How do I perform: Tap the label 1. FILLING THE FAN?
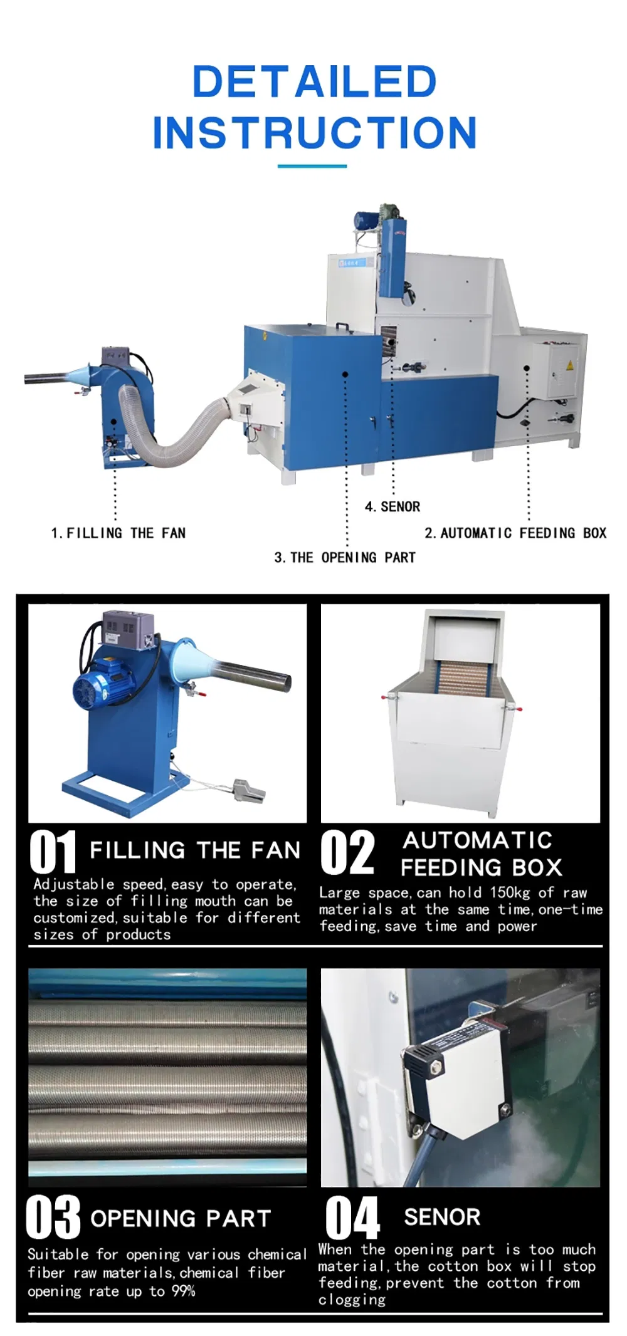[x=119, y=533]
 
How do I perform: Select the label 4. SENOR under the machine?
[x=393, y=506]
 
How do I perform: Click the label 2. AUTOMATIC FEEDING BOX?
[x=515, y=533]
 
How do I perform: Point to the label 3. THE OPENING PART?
[x=345, y=558]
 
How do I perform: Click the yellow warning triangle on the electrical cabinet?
[x=569, y=365]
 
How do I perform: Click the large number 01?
[x=53, y=852]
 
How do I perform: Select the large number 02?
[x=347, y=852]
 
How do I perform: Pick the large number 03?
[x=53, y=1218]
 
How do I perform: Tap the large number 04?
[x=352, y=1218]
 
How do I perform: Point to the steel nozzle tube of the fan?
[x=254, y=677]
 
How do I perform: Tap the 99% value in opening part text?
[x=184, y=1291]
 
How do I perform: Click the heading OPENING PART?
[x=181, y=1219]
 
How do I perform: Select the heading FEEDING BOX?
[x=481, y=868]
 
